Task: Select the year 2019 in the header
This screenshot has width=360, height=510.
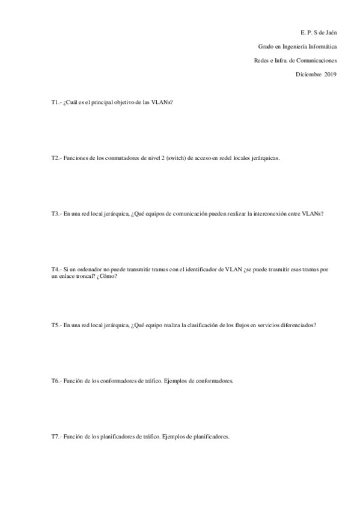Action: click(330, 75)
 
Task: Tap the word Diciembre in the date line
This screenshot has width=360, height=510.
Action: click(308, 75)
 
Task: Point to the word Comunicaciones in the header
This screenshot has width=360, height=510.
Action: click(314, 60)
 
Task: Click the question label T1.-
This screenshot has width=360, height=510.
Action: click(56, 103)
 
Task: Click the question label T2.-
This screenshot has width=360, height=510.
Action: click(56, 158)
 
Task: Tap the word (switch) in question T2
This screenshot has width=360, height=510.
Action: click(174, 158)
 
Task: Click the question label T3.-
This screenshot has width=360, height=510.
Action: click(56, 214)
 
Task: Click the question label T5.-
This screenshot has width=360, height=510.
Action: click(56, 325)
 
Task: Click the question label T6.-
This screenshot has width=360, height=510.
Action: click(56, 381)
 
